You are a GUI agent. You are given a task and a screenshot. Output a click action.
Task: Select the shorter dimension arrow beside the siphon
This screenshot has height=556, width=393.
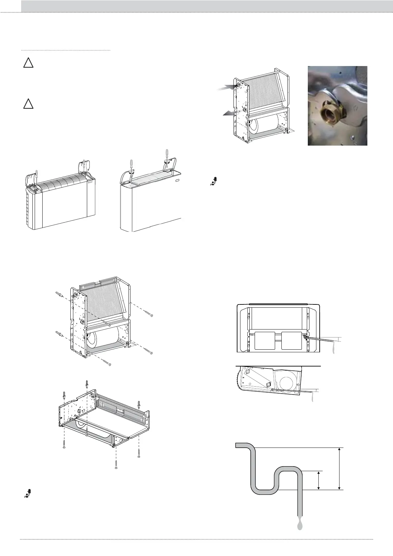tap(318, 480)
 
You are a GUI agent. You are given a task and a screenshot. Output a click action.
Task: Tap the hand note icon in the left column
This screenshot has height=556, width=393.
tap(28, 493)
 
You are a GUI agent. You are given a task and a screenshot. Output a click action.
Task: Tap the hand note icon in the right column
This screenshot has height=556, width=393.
tap(214, 181)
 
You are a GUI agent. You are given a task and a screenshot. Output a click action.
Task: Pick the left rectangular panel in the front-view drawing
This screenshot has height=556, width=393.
tap(265, 340)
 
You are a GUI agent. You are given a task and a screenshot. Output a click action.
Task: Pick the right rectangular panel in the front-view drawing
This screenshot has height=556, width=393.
tap(292, 340)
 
